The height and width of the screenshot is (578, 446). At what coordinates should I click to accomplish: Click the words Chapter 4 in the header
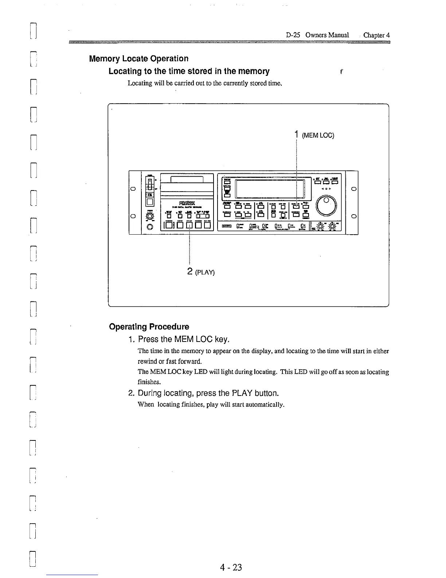click(376, 35)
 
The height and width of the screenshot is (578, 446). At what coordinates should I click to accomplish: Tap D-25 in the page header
click(293, 35)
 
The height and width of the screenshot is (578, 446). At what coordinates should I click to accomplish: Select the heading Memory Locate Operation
click(139, 59)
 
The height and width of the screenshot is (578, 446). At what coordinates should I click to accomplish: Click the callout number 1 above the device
click(297, 135)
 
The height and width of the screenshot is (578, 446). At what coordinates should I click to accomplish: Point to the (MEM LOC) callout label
click(318, 136)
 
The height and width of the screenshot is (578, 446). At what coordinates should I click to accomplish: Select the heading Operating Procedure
click(149, 327)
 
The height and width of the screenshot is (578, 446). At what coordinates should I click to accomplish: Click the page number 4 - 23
click(231, 567)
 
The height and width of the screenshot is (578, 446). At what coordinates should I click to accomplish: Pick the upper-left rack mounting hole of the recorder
click(133, 189)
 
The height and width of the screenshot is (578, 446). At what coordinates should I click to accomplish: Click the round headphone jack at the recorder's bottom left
click(149, 228)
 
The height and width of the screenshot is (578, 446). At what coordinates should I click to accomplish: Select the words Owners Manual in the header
click(327, 35)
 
